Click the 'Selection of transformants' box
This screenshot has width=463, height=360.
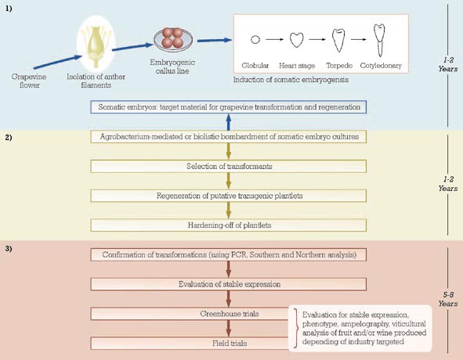tap(228, 167)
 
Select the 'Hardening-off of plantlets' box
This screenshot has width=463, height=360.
tap(228, 225)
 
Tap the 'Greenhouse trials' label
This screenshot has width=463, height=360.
tap(230, 314)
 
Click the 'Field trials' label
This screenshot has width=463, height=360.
tap(230, 344)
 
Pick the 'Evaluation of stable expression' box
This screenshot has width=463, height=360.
tap(228, 284)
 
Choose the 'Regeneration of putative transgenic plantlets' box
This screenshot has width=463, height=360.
tap(228, 196)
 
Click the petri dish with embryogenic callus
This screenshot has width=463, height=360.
tap(173, 39)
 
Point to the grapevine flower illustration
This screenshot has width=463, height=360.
tap(96, 44)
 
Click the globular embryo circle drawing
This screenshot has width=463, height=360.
tap(255, 39)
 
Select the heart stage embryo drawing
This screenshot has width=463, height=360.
tap(296, 40)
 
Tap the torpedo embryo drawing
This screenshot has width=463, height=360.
tap(338, 40)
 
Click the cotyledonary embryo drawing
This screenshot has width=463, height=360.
tap(379, 40)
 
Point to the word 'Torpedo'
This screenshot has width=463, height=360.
tap(339, 65)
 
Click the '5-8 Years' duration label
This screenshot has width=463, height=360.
tap(448, 299)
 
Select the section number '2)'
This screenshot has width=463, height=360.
tap(9, 138)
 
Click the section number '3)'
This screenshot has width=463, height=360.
tap(9, 249)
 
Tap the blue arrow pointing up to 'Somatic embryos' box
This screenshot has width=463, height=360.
tap(228, 122)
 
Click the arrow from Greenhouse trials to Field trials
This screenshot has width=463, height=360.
tap(228, 329)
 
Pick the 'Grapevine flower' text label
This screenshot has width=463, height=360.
tap(29, 81)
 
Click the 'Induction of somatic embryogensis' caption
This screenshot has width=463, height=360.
tap(291, 80)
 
